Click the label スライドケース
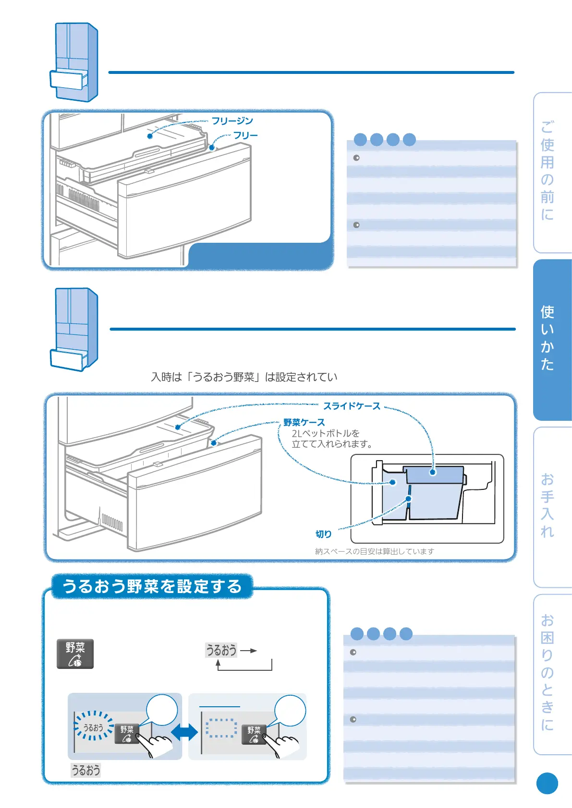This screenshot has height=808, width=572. [352, 406]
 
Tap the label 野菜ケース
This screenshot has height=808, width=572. [304, 422]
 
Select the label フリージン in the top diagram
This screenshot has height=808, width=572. [232, 121]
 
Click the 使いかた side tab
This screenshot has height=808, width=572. [548, 338]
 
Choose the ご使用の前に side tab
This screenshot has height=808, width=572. [548, 171]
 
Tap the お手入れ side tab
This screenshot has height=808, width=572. [548, 506]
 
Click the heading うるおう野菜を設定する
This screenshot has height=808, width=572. [152, 586]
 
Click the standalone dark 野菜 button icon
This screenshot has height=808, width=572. [75, 654]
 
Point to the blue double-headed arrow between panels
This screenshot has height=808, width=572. [184, 732]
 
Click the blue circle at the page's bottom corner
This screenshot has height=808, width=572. [547, 784]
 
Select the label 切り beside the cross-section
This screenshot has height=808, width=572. [323, 534]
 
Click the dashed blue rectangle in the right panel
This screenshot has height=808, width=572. [221, 728]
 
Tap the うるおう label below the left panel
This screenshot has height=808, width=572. [86, 770]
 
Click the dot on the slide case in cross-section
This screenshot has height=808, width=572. [433, 472]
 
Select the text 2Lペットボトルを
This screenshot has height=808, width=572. [326, 433]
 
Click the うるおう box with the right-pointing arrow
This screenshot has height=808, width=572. [221, 650]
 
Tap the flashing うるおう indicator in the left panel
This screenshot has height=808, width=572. [93, 727]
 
